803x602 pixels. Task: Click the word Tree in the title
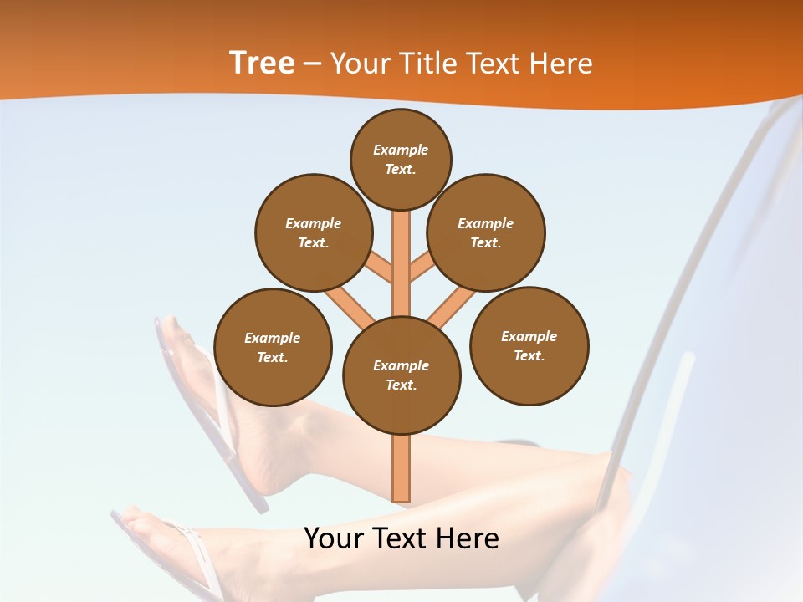[x=262, y=64]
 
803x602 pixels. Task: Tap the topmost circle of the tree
[x=401, y=159]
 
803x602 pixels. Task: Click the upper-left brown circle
[x=313, y=232]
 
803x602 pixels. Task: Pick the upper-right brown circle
[x=485, y=232]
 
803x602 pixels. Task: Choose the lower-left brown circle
[x=273, y=347]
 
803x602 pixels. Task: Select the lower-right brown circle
[x=529, y=345]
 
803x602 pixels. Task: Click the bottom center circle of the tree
[x=401, y=375]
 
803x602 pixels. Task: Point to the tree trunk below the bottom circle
[x=401, y=468]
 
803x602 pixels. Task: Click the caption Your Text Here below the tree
[x=401, y=538]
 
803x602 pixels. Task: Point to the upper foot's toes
[x=171, y=330]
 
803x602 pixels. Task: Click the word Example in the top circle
[x=401, y=150]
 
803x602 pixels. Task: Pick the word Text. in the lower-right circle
[x=529, y=355]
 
